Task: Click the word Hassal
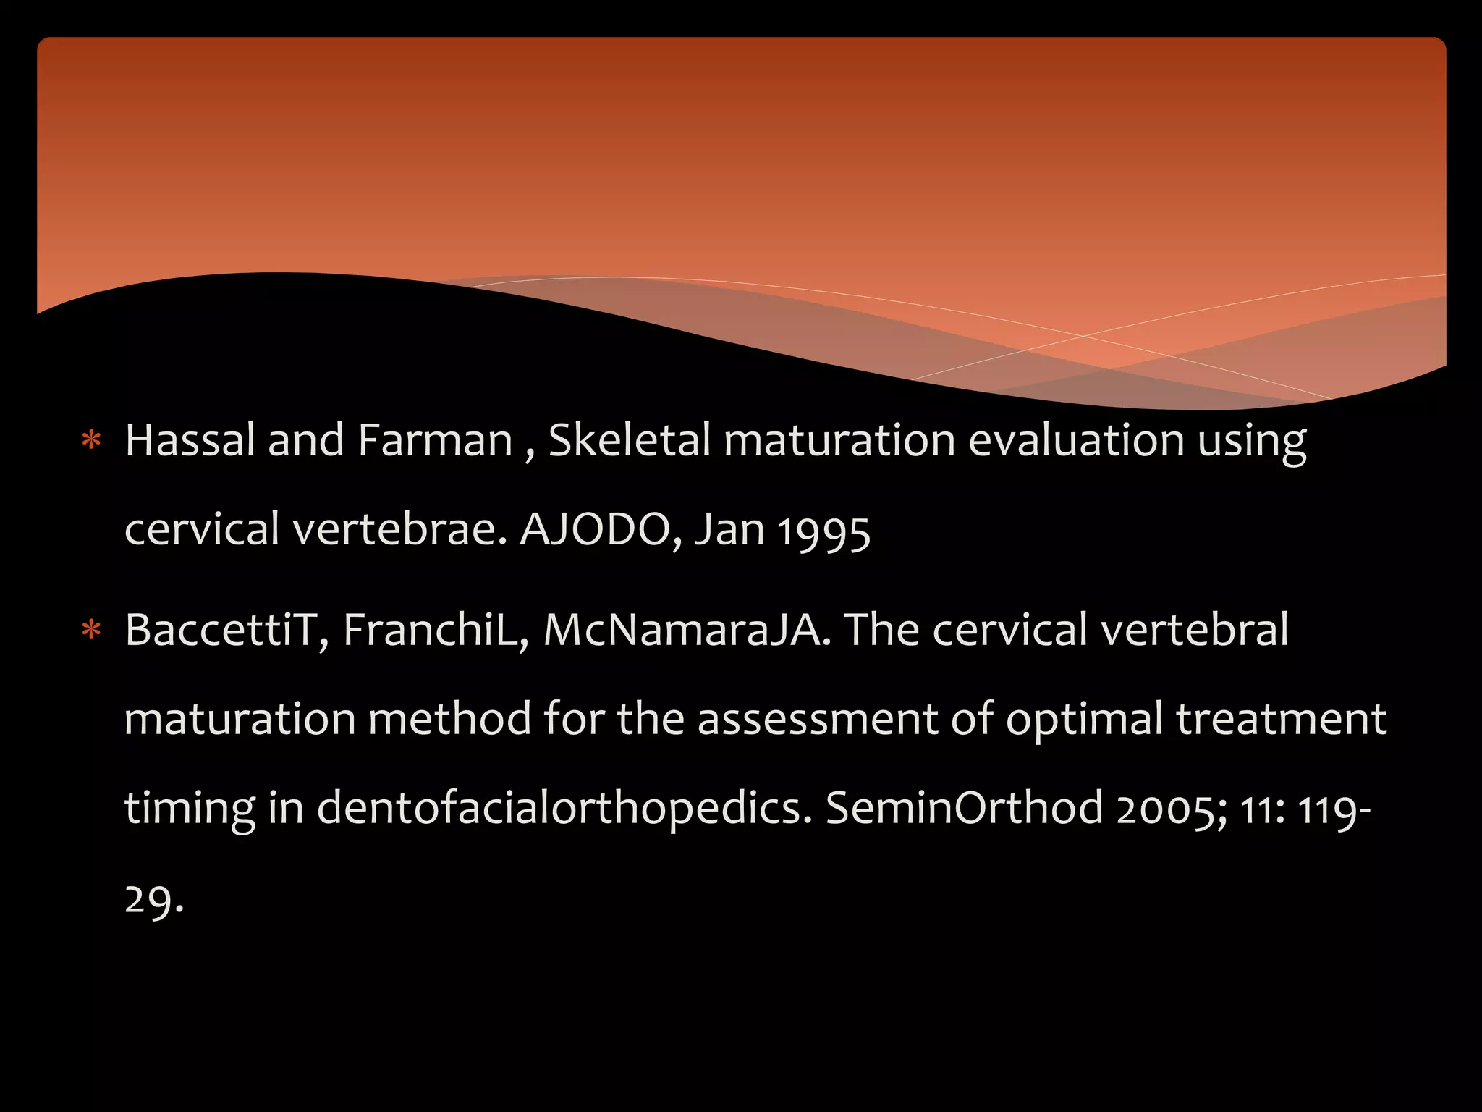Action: click(x=190, y=440)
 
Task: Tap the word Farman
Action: click(x=435, y=440)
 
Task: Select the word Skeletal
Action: click(x=630, y=440)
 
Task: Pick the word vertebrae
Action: click(x=401, y=529)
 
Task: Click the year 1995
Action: click(x=824, y=532)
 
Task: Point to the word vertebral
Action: click(x=1195, y=630)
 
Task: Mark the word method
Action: click(x=449, y=719)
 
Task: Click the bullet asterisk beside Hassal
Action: click(x=91, y=440)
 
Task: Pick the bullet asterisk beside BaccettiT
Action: click(x=91, y=630)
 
